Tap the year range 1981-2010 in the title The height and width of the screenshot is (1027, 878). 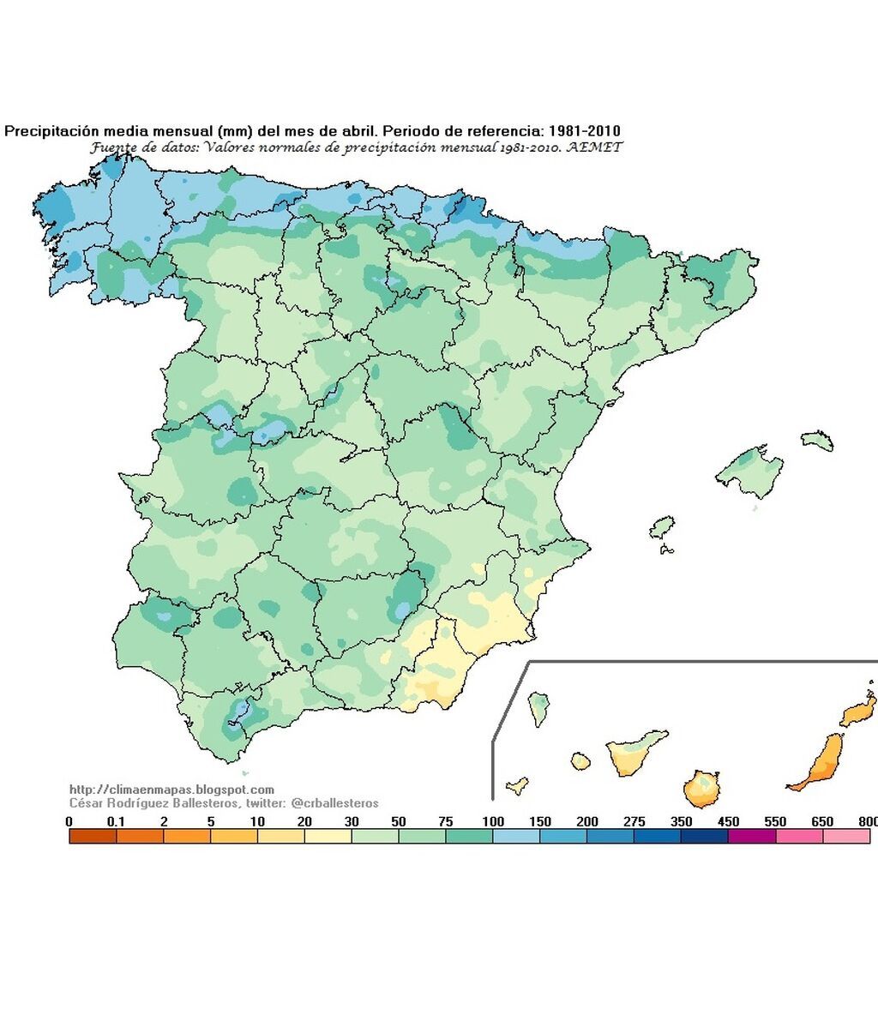click(583, 131)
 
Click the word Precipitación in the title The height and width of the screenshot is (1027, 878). click(53, 131)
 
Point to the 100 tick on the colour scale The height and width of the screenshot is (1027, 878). click(493, 822)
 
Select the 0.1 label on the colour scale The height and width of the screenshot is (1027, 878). click(116, 822)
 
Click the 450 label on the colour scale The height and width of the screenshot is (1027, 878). click(728, 822)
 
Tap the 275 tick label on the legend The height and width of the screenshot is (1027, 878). click(634, 822)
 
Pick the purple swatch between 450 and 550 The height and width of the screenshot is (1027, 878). click(751, 837)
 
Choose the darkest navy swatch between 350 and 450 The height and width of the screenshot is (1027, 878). click(704, 837)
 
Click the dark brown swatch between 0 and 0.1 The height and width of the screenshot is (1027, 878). click(93, 837)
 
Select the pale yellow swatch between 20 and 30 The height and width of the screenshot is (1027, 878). click(328, 837)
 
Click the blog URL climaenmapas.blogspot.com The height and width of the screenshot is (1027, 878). click(171, 790)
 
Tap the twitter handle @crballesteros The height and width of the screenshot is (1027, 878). click(334, 803)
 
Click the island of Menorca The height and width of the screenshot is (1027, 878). click(818, 440)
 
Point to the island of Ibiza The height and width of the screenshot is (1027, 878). click(661, 527)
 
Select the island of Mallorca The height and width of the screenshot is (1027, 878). click(744, 471)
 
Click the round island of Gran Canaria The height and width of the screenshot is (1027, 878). click(701, 789)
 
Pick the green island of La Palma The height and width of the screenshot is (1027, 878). click(539, 708)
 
